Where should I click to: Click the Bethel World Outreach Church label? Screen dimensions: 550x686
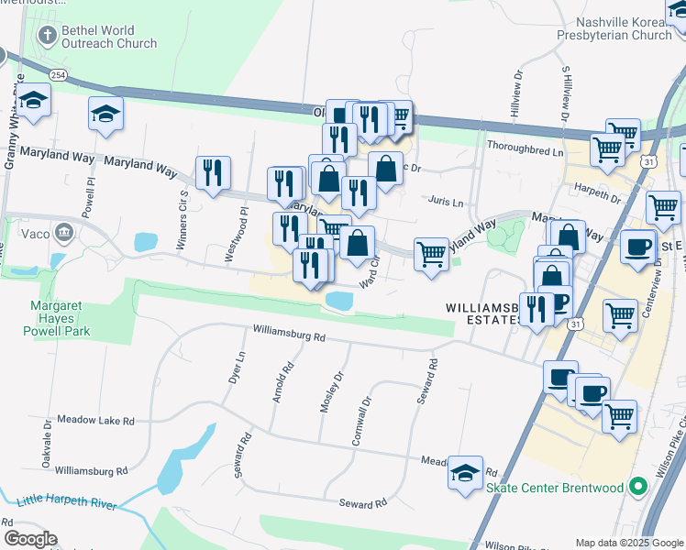pos(108,37)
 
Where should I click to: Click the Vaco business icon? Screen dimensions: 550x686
pos(64,231)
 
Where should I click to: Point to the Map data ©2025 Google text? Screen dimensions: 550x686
pos(629,543)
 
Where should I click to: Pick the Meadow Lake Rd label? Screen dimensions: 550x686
pos(95,420)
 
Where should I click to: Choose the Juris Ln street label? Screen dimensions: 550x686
pos(446,202)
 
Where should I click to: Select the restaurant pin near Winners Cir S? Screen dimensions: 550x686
pos(213,172)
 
